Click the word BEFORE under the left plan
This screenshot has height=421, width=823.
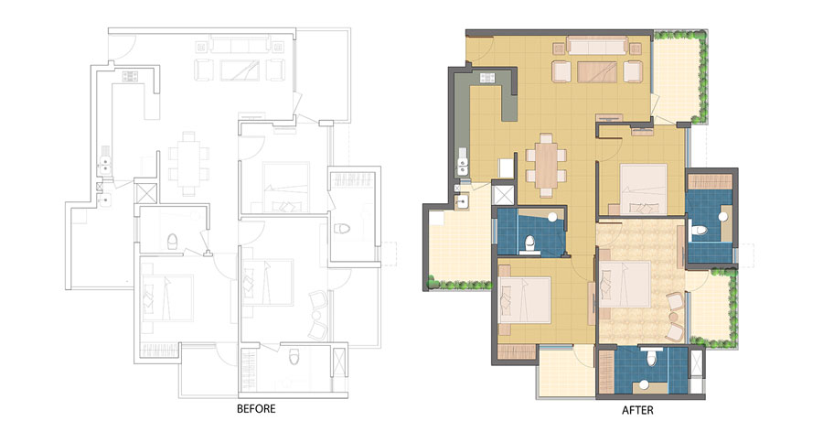(256, 408)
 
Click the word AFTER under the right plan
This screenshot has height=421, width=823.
(637, 410)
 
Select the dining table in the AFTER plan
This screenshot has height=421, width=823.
(546, 166)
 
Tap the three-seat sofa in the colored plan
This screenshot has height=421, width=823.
(598, 45)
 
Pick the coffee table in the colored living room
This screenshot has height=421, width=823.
(597, 72)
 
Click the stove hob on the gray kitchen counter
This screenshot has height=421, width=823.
(487, 78)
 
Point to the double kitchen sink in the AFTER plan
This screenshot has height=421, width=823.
(463, 162)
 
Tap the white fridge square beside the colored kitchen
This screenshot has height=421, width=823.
(506, 168)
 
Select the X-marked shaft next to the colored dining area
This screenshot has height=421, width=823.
(503, 193)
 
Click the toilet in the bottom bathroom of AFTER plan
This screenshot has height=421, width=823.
(651, 358)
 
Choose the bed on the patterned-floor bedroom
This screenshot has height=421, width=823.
(625, 285)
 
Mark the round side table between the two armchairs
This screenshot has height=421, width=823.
(673, 317)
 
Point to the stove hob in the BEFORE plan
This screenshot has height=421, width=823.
(130, 76)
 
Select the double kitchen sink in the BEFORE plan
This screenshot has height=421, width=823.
(105, 160)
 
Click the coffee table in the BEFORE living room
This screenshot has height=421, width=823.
(240, 70)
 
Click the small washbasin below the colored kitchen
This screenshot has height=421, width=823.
(462, 202)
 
